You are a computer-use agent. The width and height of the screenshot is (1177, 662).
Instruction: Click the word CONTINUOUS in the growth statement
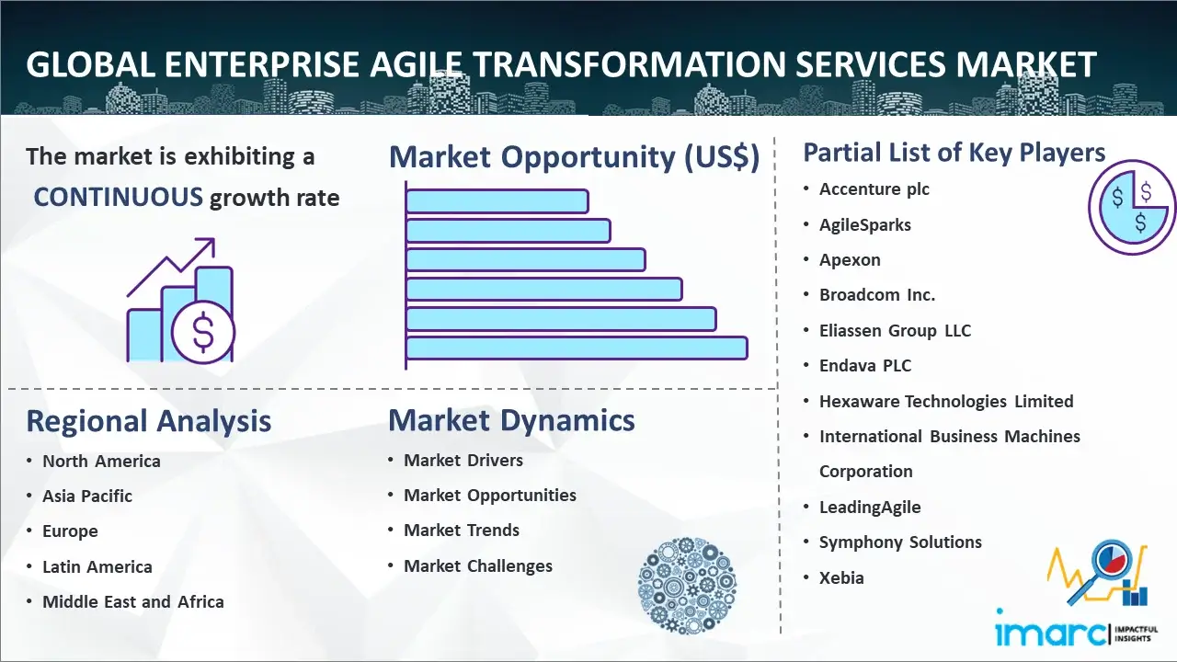click(119, 198)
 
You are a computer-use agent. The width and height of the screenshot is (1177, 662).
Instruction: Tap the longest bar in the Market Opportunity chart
click(577, 348)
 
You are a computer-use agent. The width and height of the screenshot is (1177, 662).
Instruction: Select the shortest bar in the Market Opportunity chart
click(497, 201)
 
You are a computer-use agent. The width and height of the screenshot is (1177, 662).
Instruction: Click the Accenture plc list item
click(874, 189)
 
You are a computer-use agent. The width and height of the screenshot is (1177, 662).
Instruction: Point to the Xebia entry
click(841, 578)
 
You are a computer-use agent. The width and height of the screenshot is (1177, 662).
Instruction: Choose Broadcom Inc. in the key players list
click(877, 295)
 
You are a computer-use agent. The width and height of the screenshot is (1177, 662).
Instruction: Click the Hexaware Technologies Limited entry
click(946, 402)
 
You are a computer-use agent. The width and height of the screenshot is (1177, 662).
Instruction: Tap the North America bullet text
click(101, 462)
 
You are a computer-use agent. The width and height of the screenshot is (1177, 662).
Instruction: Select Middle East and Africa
click(133, 601)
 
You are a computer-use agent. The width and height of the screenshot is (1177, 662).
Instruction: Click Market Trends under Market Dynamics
click(462, 531)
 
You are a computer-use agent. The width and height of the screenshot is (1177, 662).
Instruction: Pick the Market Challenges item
click(477, 565)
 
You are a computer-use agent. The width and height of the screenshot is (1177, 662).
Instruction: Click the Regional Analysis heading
click(149, 421)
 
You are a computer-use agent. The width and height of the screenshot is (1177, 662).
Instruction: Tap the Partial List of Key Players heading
click(954, 153)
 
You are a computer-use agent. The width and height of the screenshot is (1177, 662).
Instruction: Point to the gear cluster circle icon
click(687, 586)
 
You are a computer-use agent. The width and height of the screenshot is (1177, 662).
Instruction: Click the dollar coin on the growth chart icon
click(203, 332)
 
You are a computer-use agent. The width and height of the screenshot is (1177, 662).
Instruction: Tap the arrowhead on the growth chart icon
click(207, 245)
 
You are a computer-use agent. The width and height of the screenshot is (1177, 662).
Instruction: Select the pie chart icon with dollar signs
click(1132, 208)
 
